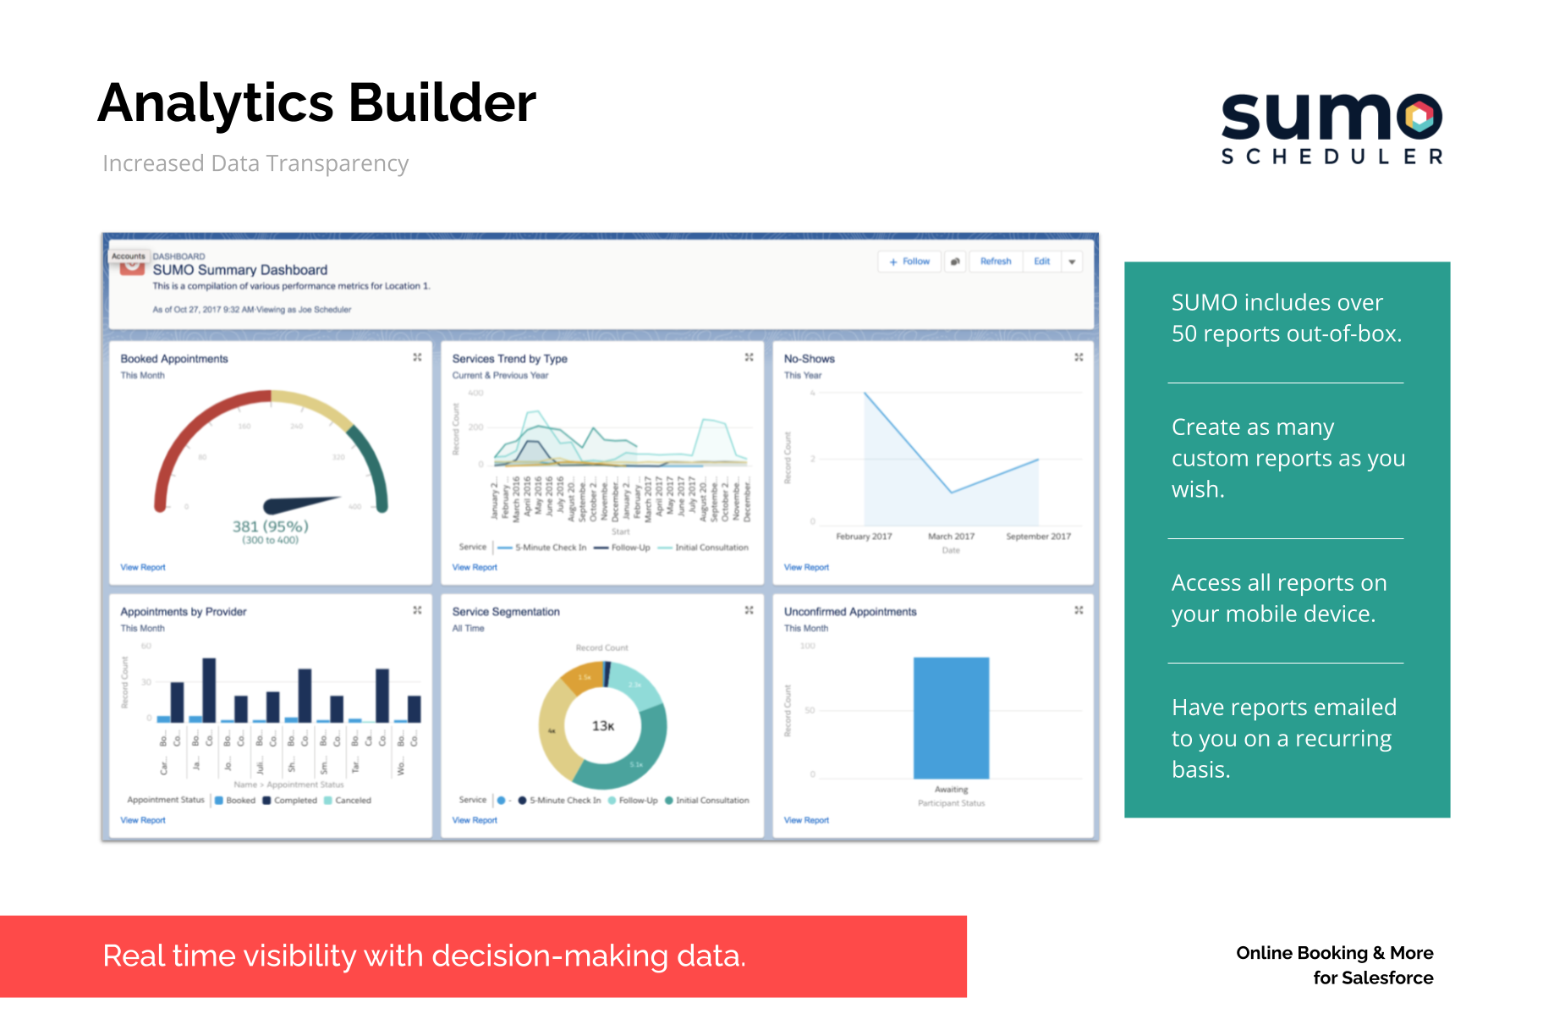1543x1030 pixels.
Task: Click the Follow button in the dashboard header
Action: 909,262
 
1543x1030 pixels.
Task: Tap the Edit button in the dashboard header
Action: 1041,262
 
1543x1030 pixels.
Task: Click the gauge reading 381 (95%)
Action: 270,526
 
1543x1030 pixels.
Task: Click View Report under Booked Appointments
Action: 143,567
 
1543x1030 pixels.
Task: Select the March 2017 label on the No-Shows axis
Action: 951,537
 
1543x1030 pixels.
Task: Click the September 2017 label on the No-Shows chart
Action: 1038,537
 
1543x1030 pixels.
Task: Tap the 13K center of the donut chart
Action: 603,726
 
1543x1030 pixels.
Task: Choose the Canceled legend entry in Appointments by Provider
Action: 353,800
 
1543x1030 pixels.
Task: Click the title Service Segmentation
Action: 506,612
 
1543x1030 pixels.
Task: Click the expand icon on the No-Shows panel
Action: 1079,357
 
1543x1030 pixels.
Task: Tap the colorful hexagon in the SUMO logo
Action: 1422,117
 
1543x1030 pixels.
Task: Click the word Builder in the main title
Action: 442,103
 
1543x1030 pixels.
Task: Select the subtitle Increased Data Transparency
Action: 255,163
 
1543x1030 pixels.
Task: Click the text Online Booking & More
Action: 1334,953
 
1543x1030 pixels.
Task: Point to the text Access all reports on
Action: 1278,583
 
